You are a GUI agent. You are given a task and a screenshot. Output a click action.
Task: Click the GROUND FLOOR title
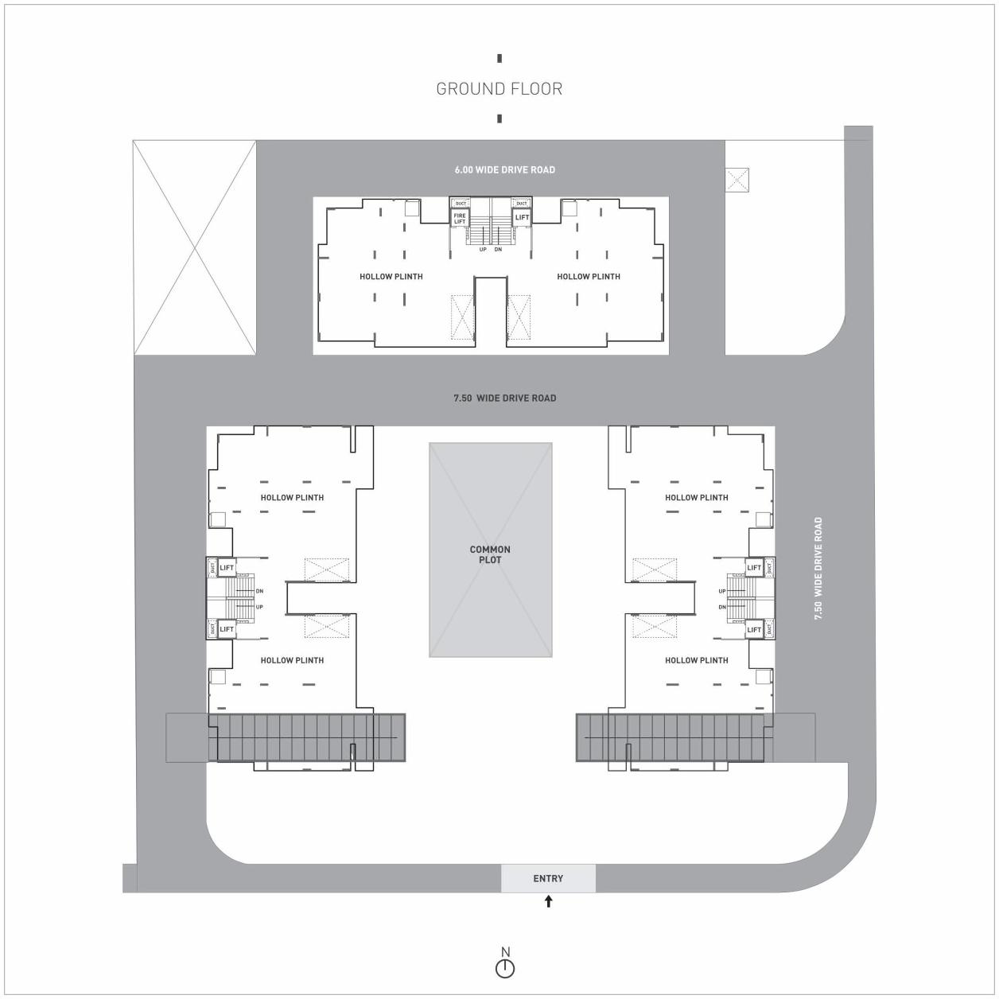[x=499, y=89]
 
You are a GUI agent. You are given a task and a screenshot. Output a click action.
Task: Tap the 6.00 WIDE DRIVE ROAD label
[x=504, y=169]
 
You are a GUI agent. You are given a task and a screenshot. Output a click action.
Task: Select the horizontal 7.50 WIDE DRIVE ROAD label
[x=504, y=398]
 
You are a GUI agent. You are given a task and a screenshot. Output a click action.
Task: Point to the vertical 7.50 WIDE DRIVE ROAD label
[x=818, y=568]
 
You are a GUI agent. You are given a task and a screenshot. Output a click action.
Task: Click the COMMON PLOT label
[x=490, y=554]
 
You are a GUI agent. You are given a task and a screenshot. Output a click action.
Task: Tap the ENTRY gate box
[x=548, y=878]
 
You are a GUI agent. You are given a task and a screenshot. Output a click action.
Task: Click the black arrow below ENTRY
[x=548, y=901]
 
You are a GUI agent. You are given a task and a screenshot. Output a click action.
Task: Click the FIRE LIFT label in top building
[x=460, y=219]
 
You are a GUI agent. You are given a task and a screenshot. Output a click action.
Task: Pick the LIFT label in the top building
[x=522, y=217]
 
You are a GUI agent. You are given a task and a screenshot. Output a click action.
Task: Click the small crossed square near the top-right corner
[x=738, y=180]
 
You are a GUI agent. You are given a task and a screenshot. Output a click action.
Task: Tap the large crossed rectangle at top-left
[x=195, y=247]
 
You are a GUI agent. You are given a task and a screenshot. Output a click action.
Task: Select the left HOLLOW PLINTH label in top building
[x=391, y=277]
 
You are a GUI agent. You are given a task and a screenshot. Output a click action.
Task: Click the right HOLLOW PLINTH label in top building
[x=588, y=277]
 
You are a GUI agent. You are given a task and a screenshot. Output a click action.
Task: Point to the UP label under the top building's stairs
[x=483, y=250]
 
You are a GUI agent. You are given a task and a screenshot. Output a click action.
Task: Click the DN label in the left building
[x=259, y=591]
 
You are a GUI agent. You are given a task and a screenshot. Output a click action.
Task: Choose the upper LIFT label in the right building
[x=753, y=568]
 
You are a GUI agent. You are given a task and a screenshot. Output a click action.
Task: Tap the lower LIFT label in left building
[x=227, y=629]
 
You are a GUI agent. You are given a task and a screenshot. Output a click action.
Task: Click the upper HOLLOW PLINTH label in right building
[x=696, y=498]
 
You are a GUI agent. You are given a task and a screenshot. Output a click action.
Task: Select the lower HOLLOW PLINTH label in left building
[x=292, y=660]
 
